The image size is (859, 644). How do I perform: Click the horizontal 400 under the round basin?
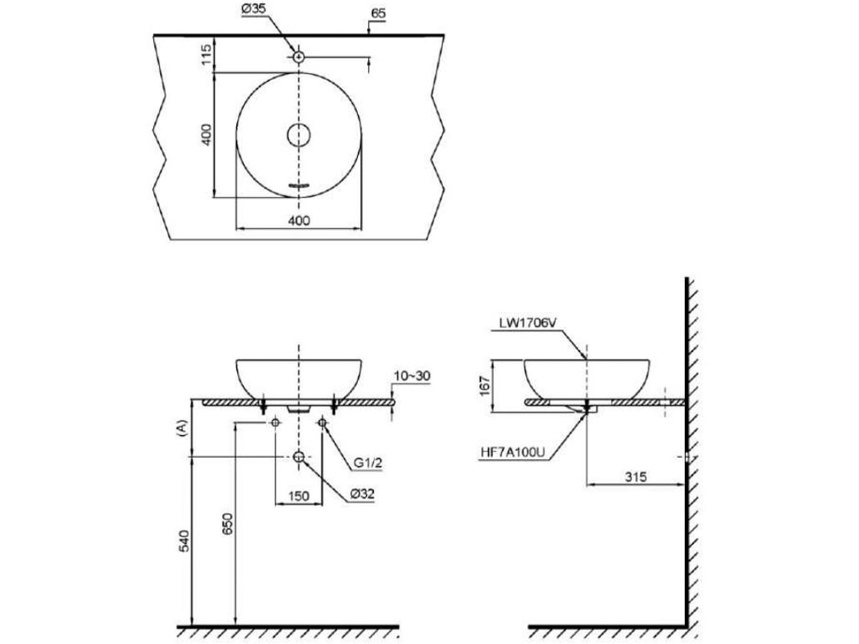click(x=299, y=220)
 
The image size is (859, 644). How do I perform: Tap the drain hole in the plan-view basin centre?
click(x=299, y=134)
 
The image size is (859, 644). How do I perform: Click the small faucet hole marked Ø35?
click(x=299, y=57)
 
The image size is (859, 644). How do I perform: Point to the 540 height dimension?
click(x=183, y=540)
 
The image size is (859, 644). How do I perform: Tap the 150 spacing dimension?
click(x=299, y=495)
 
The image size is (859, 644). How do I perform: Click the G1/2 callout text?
click(x=369, y=464)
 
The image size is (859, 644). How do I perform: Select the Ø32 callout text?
click(x=363, y=494)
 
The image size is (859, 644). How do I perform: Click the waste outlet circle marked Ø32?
click(x=299, y=457)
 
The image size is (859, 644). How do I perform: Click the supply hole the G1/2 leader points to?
click(x=322, y=424)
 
